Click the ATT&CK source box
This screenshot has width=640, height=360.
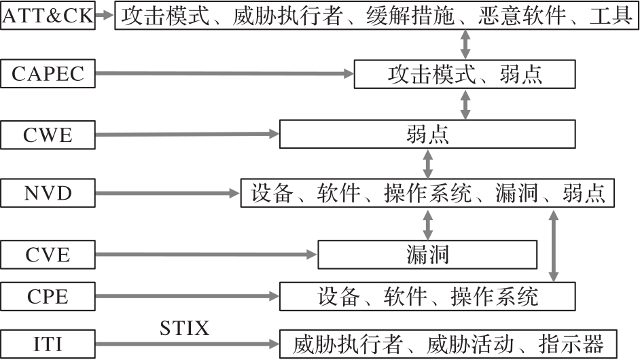(48, 15)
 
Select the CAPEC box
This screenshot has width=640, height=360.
(48, 73)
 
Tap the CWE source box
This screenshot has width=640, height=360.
(48, 134)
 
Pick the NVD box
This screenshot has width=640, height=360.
(48, 194)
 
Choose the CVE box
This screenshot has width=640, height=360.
(48, 255)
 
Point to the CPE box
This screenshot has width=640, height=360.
(48, 296)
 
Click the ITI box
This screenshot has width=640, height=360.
(48, 343)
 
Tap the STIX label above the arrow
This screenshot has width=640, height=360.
(185, 329)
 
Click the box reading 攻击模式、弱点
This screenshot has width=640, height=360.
(465, 74)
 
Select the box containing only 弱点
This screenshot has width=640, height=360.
(427, 134)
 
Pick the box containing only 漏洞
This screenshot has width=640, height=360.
(427, 255)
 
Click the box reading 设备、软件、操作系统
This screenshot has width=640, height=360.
(427, 296)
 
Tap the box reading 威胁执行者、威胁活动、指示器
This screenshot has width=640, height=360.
(448, 344)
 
